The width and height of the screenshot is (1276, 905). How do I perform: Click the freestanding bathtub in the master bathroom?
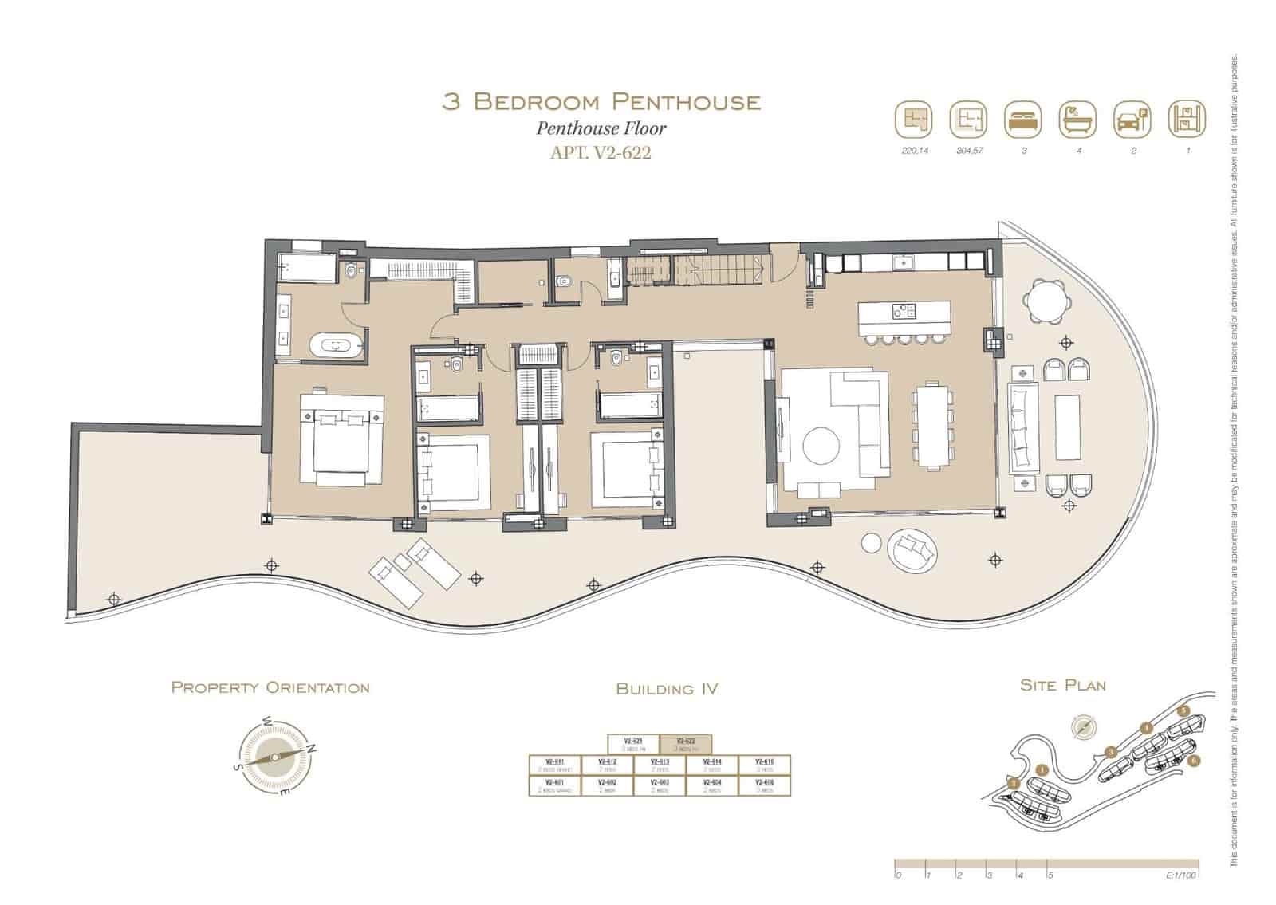click(336, 346)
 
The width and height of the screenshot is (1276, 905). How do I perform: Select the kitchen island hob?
click(904, 311)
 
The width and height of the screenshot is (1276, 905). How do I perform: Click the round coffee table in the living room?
click(821, 446)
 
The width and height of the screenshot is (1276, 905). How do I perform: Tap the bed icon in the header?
click(1023, 120)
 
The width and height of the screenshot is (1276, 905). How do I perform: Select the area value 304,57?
click(970, 150)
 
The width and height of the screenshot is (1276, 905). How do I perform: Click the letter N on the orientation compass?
click(312, 748)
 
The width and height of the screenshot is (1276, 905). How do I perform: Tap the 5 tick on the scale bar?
click(1050, 875)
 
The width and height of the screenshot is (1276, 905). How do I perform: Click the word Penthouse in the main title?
click(687, 102)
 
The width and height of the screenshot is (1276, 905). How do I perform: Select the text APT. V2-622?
click(601, 152)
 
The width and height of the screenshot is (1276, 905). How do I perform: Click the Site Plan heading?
click(1062, 685)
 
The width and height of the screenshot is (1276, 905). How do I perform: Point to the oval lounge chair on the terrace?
click(910, 550)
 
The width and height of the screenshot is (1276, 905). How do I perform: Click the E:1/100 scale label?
click(1181, 875)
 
